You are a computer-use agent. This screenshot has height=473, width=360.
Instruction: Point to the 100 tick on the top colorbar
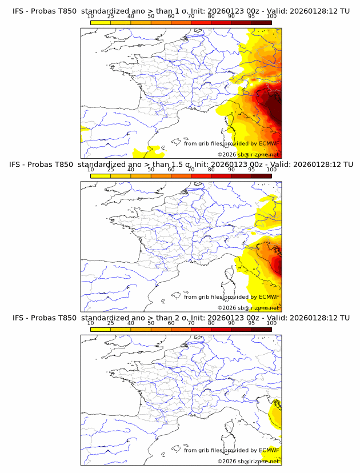(x=271, y=17)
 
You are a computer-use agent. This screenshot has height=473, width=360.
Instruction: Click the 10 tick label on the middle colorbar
(x=90, y=170)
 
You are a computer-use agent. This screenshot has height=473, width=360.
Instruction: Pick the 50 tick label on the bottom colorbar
(x=151, y=323)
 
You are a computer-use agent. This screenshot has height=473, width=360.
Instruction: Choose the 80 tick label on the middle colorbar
(x=211, y=170)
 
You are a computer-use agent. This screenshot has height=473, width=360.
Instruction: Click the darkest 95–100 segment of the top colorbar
(x=261, y=22)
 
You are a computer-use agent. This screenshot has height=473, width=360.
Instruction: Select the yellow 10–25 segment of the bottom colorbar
(x=101, y=329)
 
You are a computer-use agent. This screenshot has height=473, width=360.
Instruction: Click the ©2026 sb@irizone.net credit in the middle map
(x=249, y=307)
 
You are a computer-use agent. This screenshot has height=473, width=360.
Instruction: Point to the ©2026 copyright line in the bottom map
(x=249, y=460)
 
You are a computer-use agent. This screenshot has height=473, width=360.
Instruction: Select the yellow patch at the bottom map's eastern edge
(x=277, y=414)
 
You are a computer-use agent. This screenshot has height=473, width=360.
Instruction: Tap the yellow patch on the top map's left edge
(x=84, y=132)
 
